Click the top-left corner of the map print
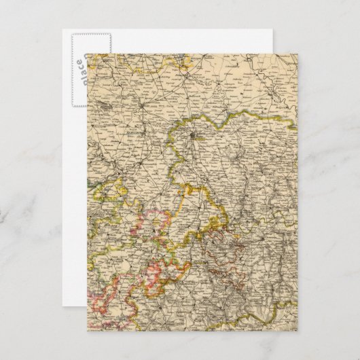click(87, 54)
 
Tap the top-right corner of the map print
click(298, 54)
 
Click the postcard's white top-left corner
click(62, 31)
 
